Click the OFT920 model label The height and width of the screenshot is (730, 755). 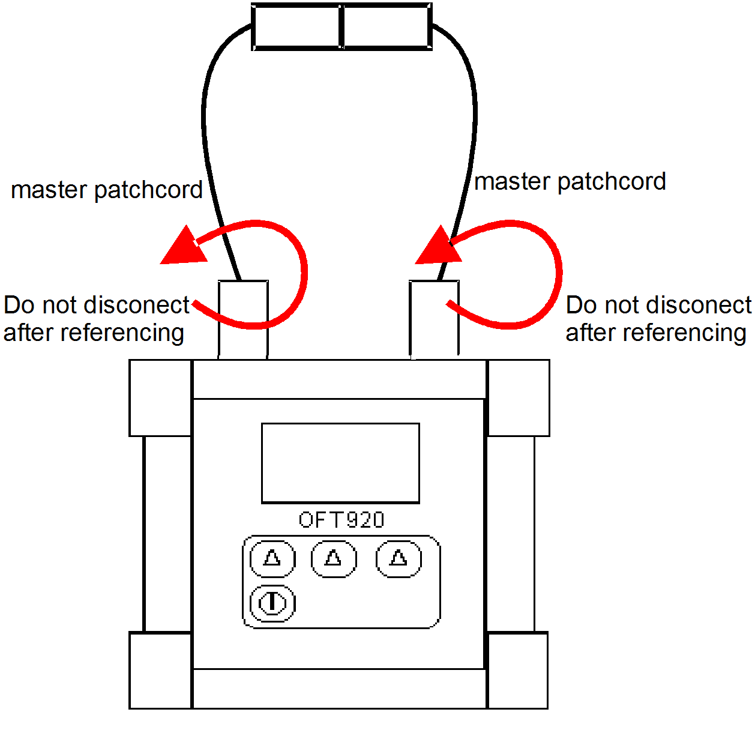[341, 520]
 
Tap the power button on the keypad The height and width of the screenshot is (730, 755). [272, 603]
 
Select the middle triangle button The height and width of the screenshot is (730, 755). [334, 558]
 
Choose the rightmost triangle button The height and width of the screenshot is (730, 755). [399, 558]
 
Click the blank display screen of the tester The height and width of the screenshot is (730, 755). [340, 463]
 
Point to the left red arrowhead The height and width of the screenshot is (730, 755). [182, 248]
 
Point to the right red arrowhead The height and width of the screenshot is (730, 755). [438, 248]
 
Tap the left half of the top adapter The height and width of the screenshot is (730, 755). [296, 27]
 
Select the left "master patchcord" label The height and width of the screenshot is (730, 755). [107, 190]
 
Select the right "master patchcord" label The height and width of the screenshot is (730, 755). [570, 181]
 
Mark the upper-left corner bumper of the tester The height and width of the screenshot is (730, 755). [160, 397]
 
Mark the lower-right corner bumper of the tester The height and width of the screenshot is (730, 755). [517, 670]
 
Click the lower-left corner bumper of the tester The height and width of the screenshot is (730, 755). [160, 670]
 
